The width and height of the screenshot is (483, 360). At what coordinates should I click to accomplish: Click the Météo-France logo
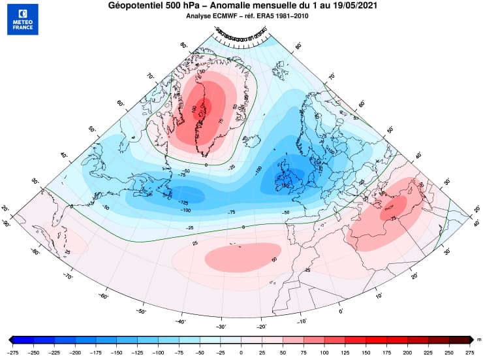click(x=23, y=19)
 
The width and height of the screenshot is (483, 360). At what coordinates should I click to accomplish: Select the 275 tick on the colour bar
click(x=469, y=352)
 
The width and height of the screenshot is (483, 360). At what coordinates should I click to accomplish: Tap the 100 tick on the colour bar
click(x=324, y=352)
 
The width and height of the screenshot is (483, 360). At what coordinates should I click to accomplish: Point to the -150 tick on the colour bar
click(x=117, y=352)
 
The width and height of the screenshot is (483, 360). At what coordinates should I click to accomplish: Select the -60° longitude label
click(x=102, y=296)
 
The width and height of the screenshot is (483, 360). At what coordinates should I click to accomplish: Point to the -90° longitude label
click(x=7, y=223)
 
